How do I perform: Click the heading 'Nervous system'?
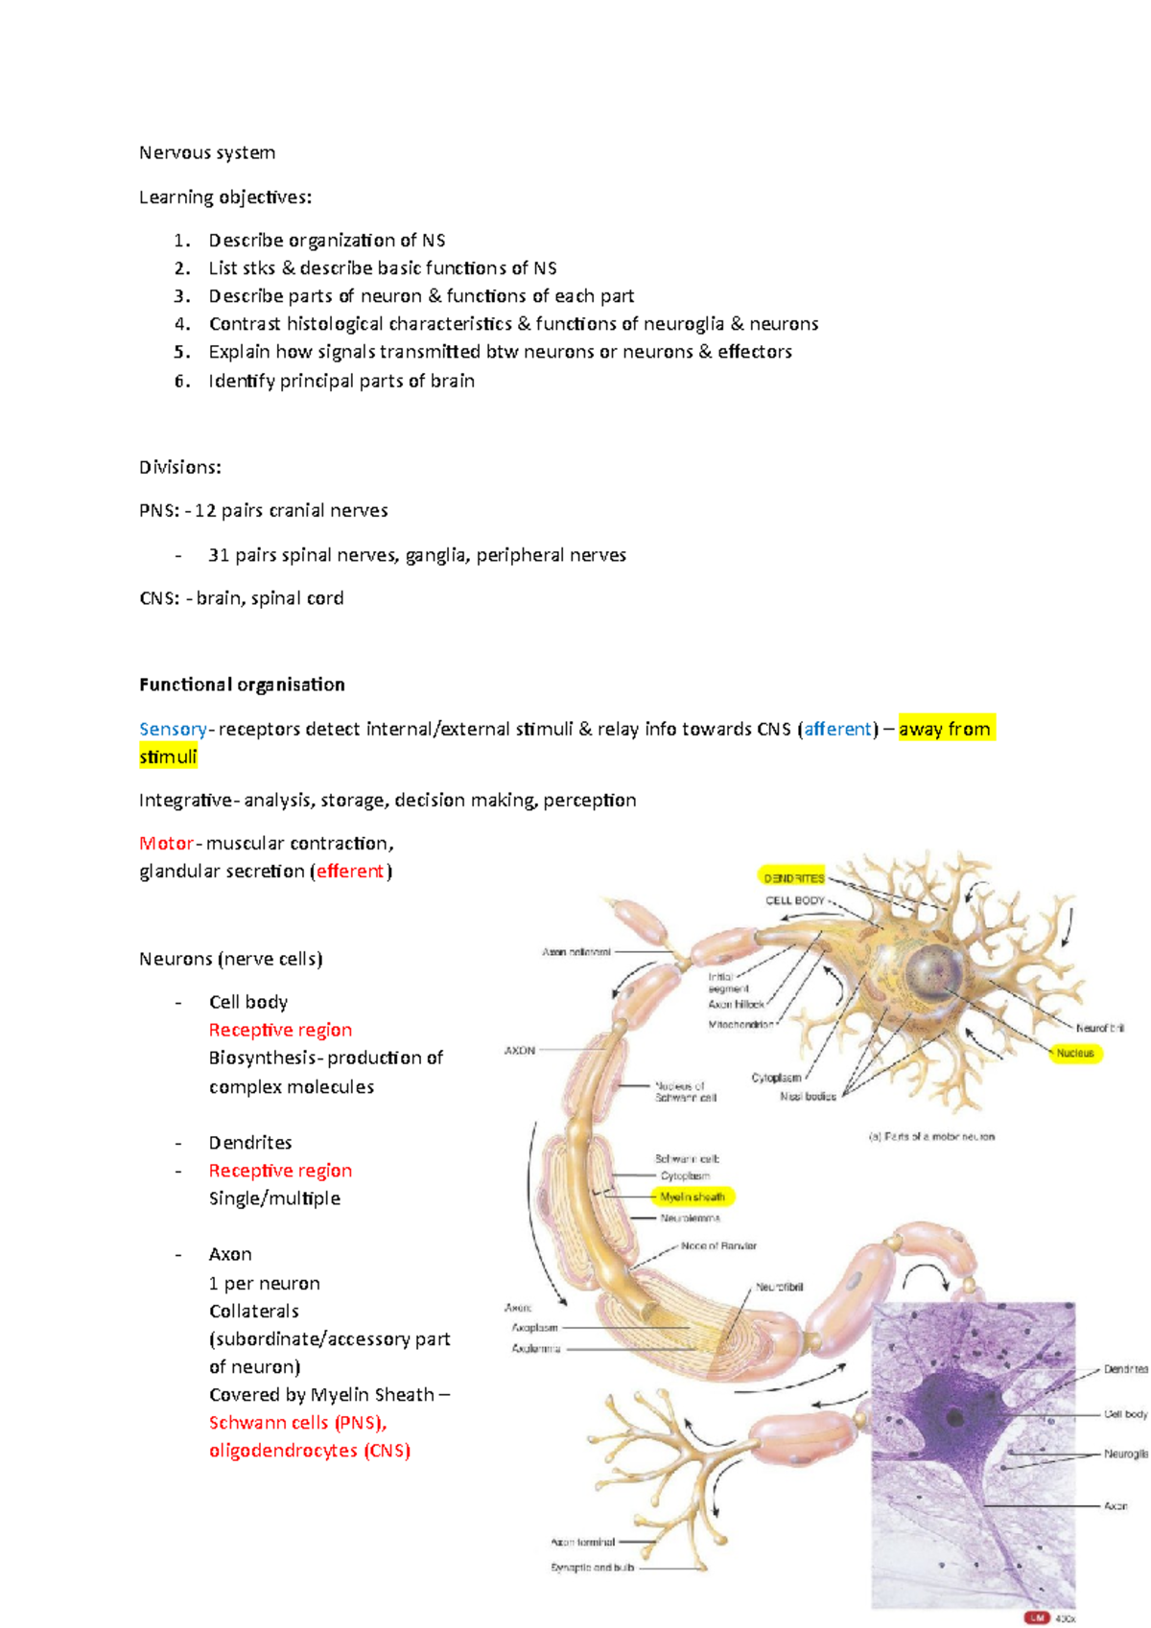tap(206, 152)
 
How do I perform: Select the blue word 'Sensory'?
tap(173, 729)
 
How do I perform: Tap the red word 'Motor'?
tap(167, 844)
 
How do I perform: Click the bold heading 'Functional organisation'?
tap(242, 685)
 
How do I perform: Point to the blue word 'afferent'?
tap(838, 729)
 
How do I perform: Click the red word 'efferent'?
tap(350, 872)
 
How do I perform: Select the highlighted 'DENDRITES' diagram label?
tap(793, 877)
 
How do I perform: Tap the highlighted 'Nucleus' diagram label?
tap(1075, 1053)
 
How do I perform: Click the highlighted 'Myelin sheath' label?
tap(693, 1197)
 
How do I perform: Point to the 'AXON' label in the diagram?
tap(520, 1051)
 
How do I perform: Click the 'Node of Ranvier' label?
tap(718, 1246)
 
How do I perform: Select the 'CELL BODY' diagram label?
tap(794, 900)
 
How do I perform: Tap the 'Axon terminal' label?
tap(582, 1543)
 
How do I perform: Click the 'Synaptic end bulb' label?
tap(592, 1568)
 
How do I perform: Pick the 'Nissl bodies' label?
tap(808, 1096)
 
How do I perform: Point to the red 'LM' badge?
tap(1037, 1617)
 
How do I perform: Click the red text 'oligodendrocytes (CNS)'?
tap(310, 1451)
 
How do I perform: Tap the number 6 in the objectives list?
tap(181, 381)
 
